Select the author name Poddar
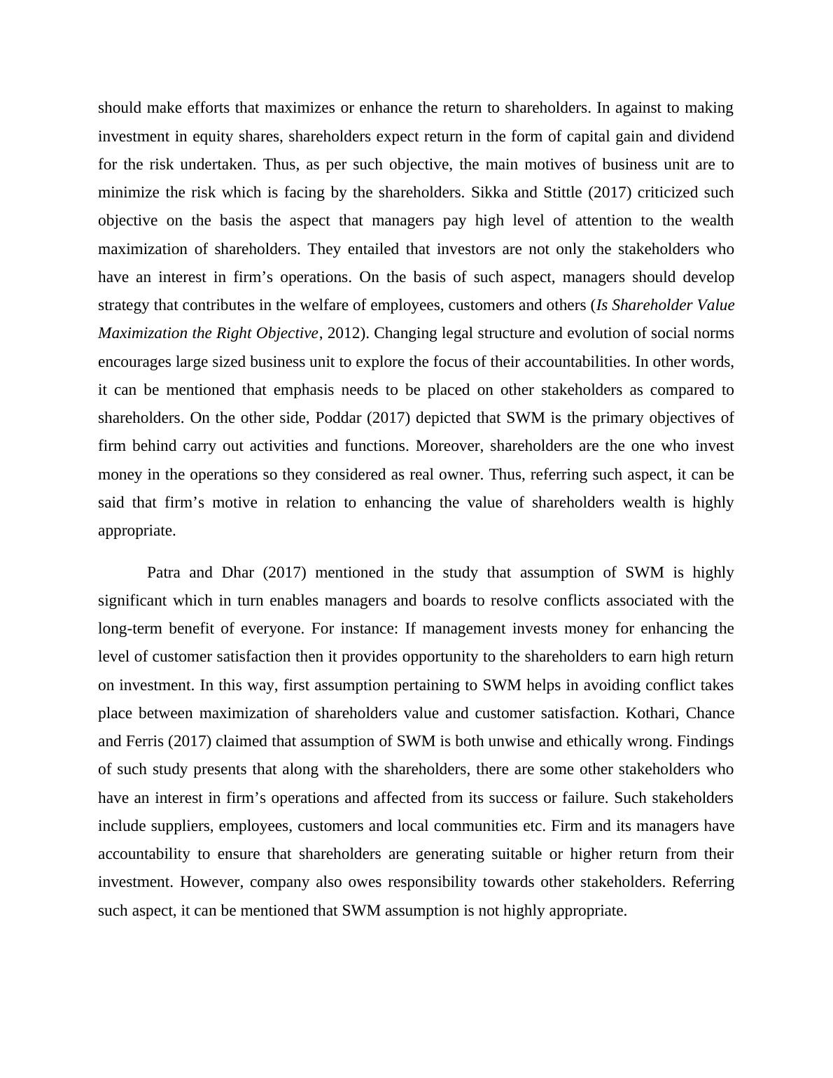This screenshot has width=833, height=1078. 335,418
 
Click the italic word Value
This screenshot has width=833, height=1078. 714,305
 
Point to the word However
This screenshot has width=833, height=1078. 209,882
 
